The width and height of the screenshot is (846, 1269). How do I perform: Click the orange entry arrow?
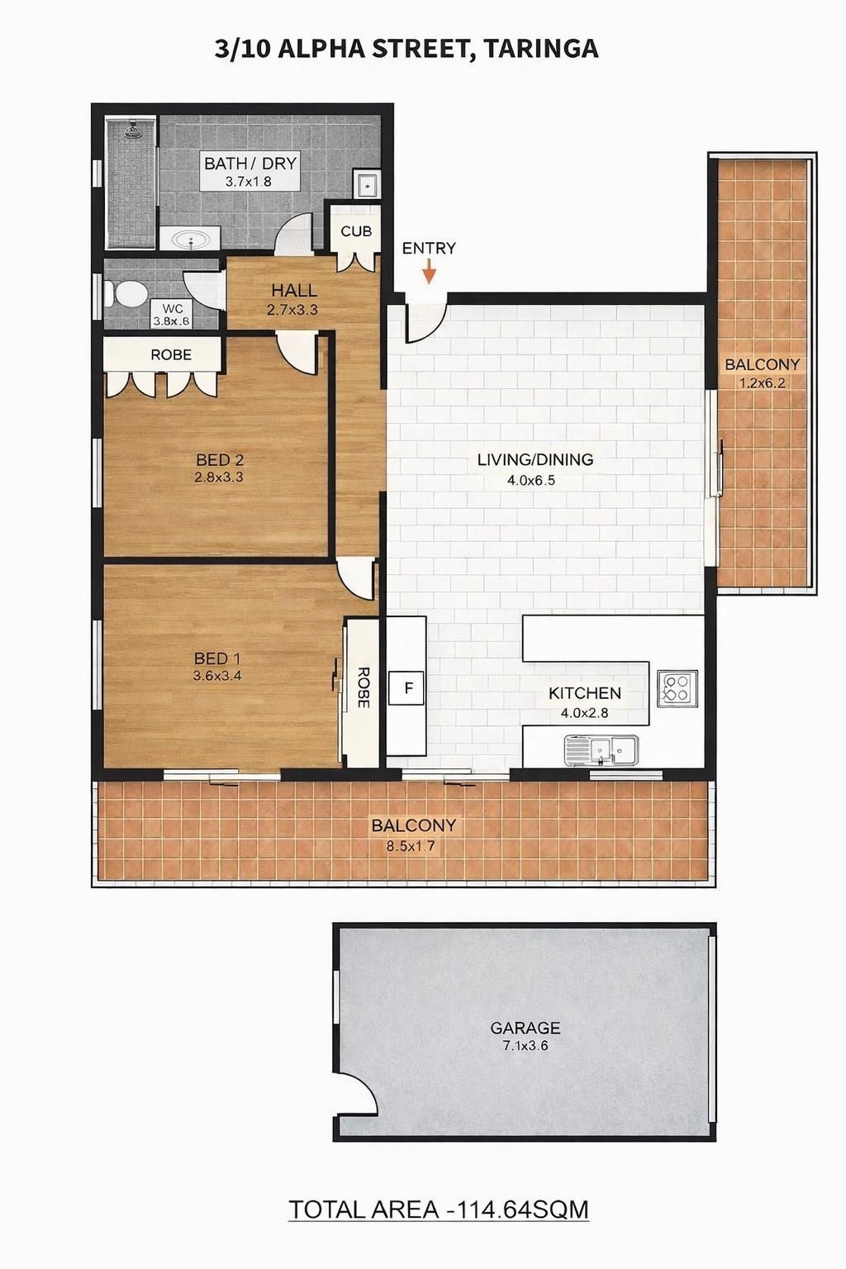pos(430,271)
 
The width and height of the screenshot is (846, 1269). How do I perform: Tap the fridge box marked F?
pos(407,687)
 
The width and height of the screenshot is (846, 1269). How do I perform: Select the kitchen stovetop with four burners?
pos(677,688)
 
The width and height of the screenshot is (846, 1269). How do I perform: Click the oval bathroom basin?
pos(190,239)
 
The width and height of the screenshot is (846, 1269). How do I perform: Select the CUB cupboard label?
pos(356,231)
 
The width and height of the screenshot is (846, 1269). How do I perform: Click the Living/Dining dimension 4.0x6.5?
pos(531,481)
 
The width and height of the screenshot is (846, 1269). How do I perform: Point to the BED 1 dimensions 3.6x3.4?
pos(217,675)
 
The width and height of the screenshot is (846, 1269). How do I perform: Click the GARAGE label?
pos(525,1027)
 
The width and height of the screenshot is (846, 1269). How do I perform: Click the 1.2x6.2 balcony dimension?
pos(762,383)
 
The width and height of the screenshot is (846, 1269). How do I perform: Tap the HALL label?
pos(294,291)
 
